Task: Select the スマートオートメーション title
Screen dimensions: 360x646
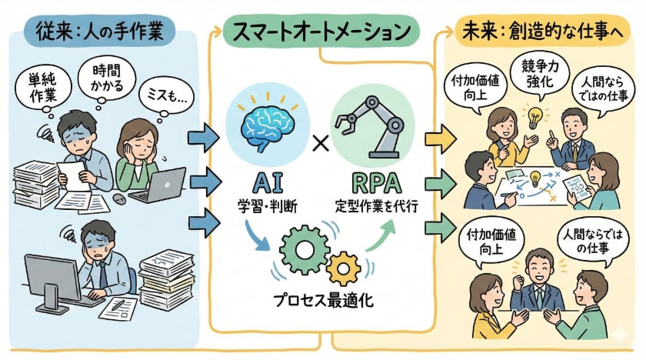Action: [x=321, y=32]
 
